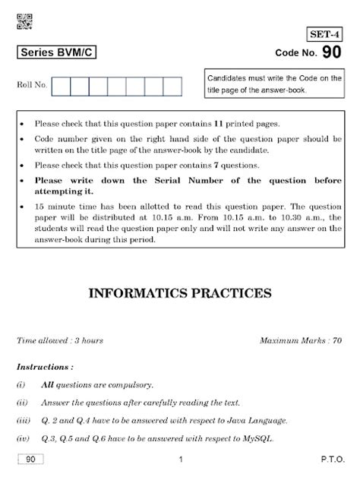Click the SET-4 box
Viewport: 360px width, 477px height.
click(x=326, y=34)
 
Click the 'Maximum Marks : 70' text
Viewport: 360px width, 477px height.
click(x=301, y=340)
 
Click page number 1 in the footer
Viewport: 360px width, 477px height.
click(x=180, y=460)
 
